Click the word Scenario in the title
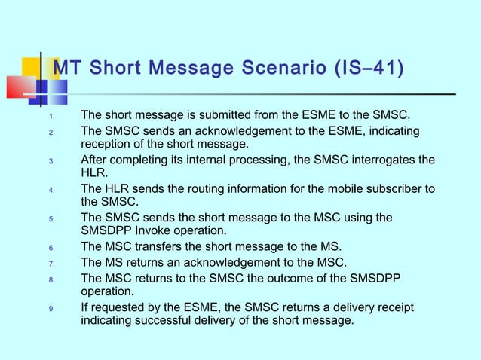276,70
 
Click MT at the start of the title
69,70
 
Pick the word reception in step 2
109,145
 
